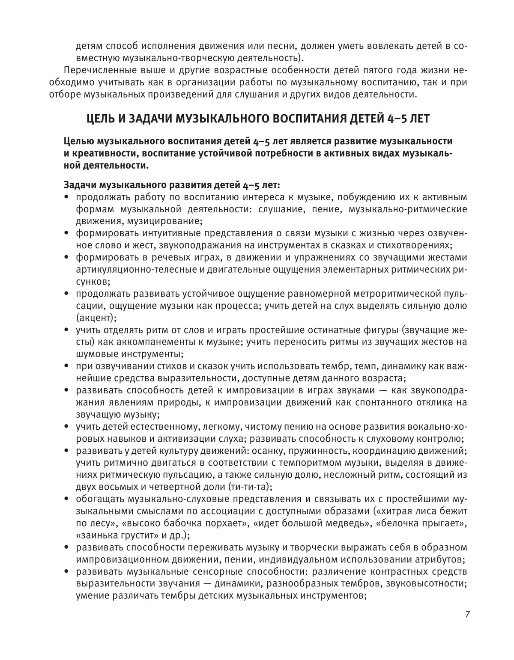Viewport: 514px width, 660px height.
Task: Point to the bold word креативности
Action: [105, 154]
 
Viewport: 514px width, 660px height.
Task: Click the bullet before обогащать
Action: [66, 499]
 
